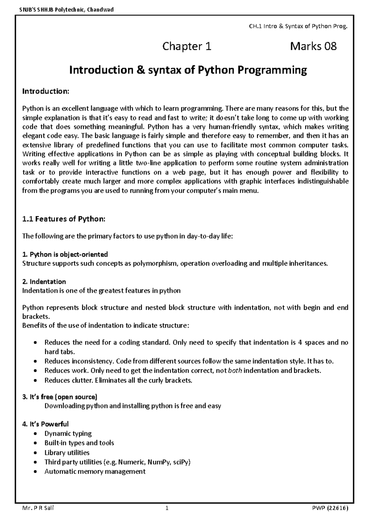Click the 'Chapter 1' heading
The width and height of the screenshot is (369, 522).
pyautogui.click(x=187, y=46)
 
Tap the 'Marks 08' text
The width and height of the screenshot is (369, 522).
pyautogui.click(x=313, y=46)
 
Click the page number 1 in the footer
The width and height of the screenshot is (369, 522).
pyautogui.click(x=167, y=508)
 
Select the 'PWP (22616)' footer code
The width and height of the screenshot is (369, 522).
pyautogui.click(x=329, y=508)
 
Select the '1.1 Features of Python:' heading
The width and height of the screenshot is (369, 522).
pyautogui.click(x=64, y=219)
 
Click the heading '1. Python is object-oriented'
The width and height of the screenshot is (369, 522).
pyautogui.click(x=65, y=255)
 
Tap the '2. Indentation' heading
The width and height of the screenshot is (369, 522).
pyautogui.click(x=44, y=282)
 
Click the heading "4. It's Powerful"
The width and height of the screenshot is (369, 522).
pyautogui.click(x=46, y=424)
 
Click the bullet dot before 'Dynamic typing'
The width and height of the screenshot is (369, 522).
pyautogui.click(x=36, y=434)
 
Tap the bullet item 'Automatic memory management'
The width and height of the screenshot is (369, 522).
pyautogui.click(x=95, y=472)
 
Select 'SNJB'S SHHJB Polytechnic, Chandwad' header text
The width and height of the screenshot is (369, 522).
pyautogui.click(x=65, y=10)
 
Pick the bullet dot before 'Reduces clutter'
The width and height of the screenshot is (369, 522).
pyautogui.click(x=36, y=381)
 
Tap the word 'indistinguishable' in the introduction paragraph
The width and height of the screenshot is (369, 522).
pyautogui.click(x=323, y=182)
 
